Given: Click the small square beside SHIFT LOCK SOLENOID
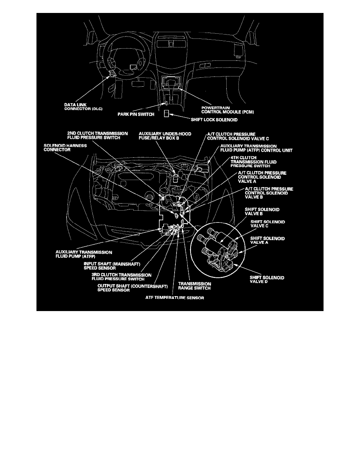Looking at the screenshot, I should pyautogui.click(x=166, y=114).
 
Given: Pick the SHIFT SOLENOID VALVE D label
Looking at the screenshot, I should pyautogui.click(x=267, y=280).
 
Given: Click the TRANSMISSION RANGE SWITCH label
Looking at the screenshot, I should pyautogui.click(x=195, y=286).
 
